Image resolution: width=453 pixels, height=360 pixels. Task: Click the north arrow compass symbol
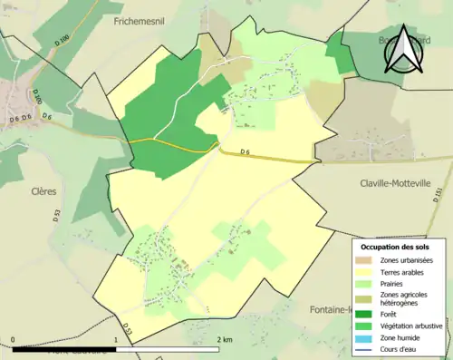405,51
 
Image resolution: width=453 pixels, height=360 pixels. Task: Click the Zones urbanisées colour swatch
368,260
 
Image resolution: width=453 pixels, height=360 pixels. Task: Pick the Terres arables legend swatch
368,271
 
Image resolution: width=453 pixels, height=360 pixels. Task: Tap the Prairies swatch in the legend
368,282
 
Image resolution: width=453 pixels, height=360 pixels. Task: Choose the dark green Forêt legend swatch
368,314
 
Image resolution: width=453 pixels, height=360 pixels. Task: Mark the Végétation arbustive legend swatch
368,325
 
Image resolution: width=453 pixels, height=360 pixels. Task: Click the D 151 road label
437,195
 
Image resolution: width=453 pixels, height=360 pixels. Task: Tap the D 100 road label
37,94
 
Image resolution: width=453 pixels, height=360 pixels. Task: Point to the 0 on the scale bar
13,339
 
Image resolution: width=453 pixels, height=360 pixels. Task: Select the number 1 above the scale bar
115,339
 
